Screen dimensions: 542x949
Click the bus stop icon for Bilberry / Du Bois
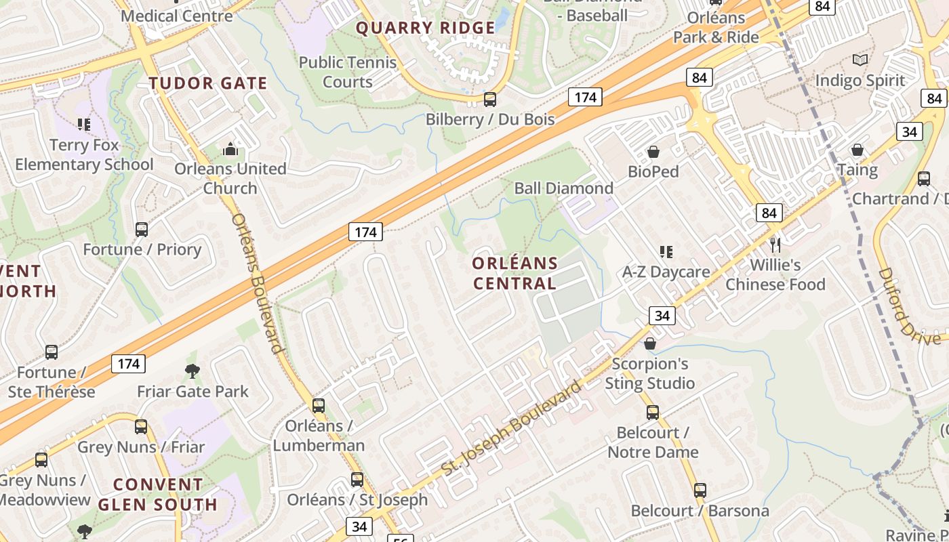[489, 100]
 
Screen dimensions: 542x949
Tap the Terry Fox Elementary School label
[84, 154]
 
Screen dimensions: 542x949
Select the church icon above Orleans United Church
[230, 149]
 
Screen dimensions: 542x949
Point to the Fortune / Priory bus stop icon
[142, 230]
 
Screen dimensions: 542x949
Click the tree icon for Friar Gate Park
[193, 371]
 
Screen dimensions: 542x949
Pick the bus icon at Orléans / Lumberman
[318, 406]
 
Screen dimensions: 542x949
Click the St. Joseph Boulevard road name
[511, 428]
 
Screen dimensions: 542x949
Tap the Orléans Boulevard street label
[257, 283]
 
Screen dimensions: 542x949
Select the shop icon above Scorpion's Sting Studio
[649, 343]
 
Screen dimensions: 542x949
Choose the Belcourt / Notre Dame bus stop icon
[652, 412]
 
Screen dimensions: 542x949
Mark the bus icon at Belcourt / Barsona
[700, 490]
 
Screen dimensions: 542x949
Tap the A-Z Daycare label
[666, 272]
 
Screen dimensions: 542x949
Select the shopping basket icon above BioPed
[653, 152]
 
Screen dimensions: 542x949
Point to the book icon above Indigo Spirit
[860, 60]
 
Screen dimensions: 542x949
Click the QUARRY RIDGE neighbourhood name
[425, 28]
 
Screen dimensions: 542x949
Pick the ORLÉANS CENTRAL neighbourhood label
[514, 273]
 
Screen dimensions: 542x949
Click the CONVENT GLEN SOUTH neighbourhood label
[158, 495]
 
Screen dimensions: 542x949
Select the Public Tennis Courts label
[348, 72]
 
